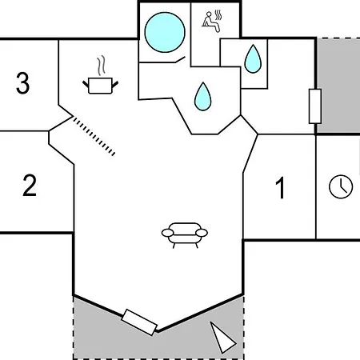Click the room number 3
pos(22,82)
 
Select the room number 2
pos(30,186)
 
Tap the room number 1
pos(281,188)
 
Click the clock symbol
pos(341,186)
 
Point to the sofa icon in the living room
pos(185,235)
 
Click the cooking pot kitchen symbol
pos(100,86)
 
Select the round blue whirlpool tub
pos(165,32)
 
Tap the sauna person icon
pos(211,22)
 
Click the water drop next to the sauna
pos(253,59)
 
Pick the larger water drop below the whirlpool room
pos(203,96)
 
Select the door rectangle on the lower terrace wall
pos(139,322)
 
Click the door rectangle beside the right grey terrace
pos(315,106)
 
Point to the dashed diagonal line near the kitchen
pos(94,136)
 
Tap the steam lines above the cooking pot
pos(101,66)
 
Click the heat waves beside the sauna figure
pos(218,15)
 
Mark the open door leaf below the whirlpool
pos(180,59)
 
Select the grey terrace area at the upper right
pos(338,86)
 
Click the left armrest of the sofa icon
pos(167,233)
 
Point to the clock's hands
pos(342,186)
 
